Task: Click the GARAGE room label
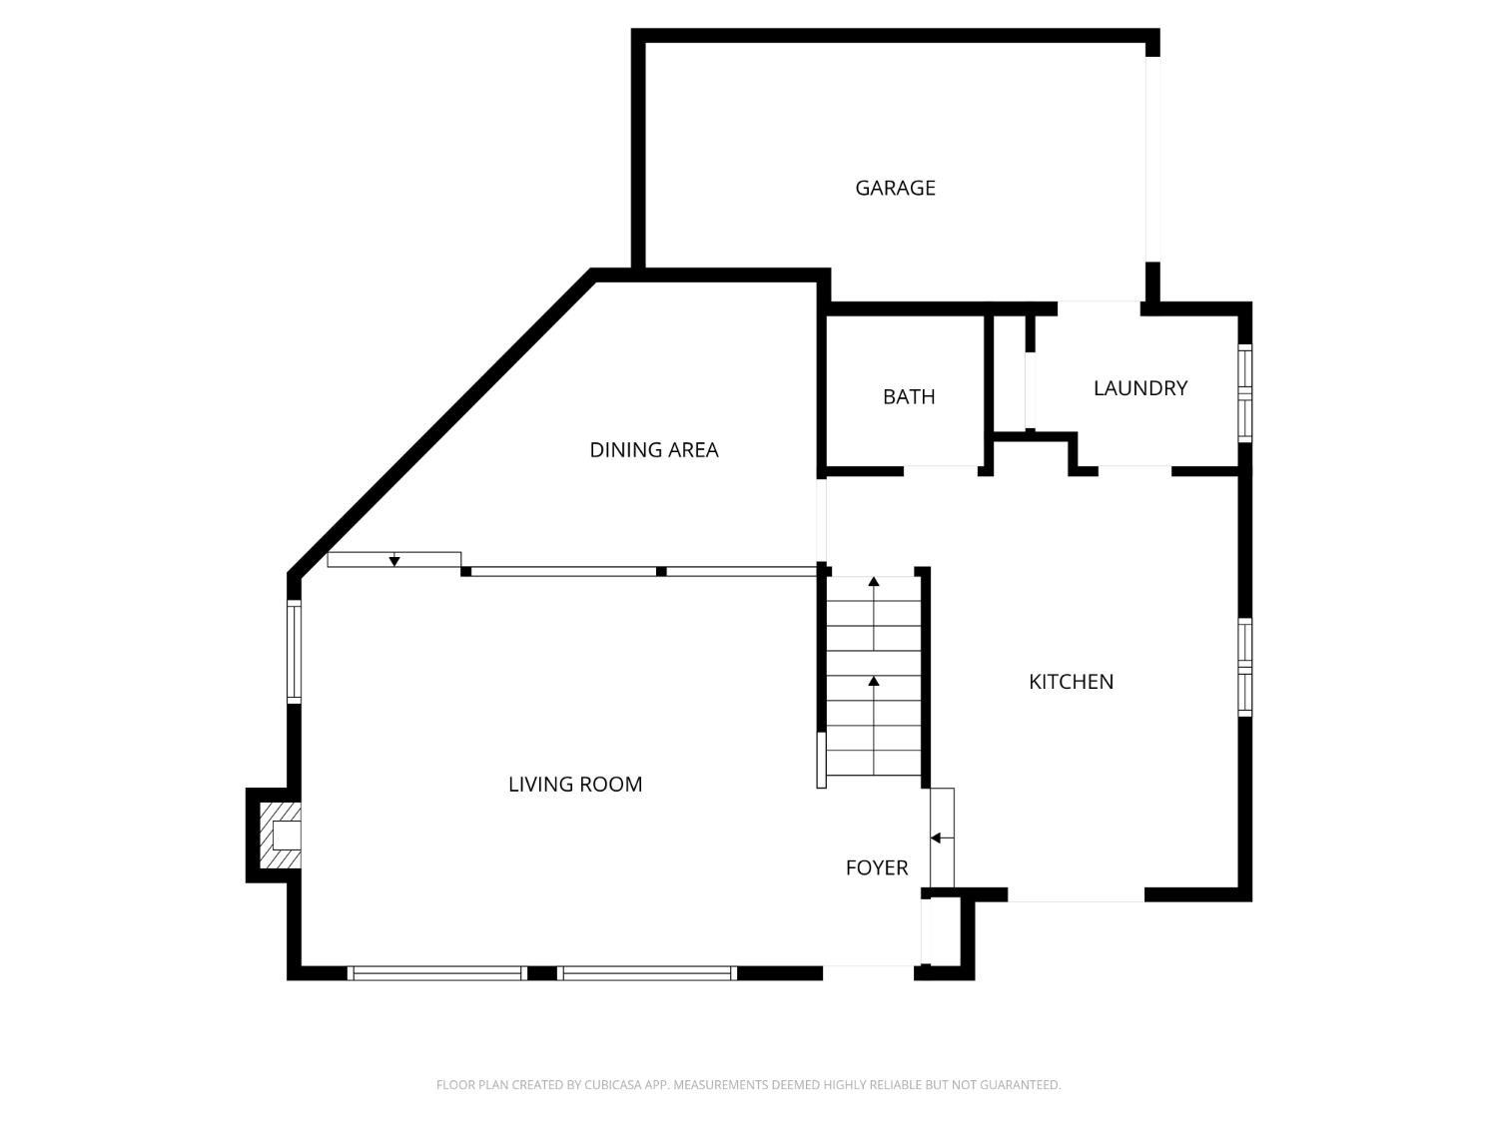click(x=895, y=188)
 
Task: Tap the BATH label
click(x=909, y=396)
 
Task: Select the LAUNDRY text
click(x=1139, y=388)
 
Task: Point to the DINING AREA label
click(x=653, y=450)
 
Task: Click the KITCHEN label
click(x=1071, y=682)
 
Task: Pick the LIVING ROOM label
click(x=574, y=785)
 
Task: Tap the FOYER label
click(x=876, y=868)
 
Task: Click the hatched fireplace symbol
click(x=280, y=835)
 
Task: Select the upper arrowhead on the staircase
click(x=874, y=581)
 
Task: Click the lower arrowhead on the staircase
click(x=874, y=681)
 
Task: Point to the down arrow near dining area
click(x=394, y=562)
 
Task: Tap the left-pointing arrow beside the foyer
click(x=936, y=838)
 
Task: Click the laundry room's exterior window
click(x=1244, y=393)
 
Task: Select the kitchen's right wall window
click(x=1245, y=667)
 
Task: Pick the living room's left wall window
click(x=294, y=651)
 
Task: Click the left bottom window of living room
click(x=438, y=972)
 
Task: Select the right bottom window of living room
click(x=647, y=972)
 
